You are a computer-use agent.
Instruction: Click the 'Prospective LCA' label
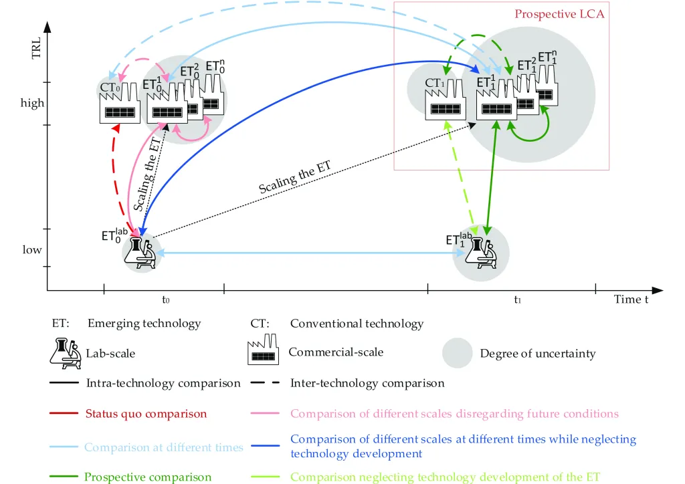point(559,15)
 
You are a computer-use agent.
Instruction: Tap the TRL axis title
point(36,48)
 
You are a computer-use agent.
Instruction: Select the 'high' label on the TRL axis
point(32,103)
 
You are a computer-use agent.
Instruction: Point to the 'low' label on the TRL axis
point(32,249)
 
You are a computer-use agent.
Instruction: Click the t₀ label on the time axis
point(166,300)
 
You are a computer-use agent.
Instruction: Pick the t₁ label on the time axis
point(517,300)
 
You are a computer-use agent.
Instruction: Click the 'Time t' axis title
point(631,299)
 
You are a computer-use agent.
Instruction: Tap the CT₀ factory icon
point(120,103)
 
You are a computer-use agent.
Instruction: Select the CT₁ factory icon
point(445,100)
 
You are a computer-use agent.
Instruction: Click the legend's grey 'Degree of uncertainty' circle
point(457,353)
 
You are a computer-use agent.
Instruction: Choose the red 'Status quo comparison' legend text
point(146,414)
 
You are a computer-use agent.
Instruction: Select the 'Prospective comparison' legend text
point(148,477)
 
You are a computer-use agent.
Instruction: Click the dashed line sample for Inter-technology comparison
point(265,383)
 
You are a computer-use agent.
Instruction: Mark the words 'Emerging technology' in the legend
point(144,324)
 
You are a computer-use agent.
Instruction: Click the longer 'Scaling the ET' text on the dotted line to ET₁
point(295,176)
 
